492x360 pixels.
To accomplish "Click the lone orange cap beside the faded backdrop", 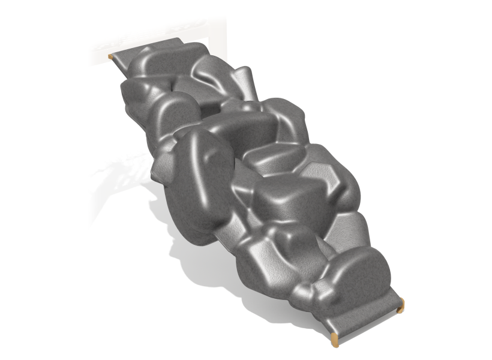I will (110, 56).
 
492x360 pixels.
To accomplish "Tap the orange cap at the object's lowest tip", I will (334, 343).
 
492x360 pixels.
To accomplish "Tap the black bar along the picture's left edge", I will (33, 180).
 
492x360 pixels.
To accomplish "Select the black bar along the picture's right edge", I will (459, 180).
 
